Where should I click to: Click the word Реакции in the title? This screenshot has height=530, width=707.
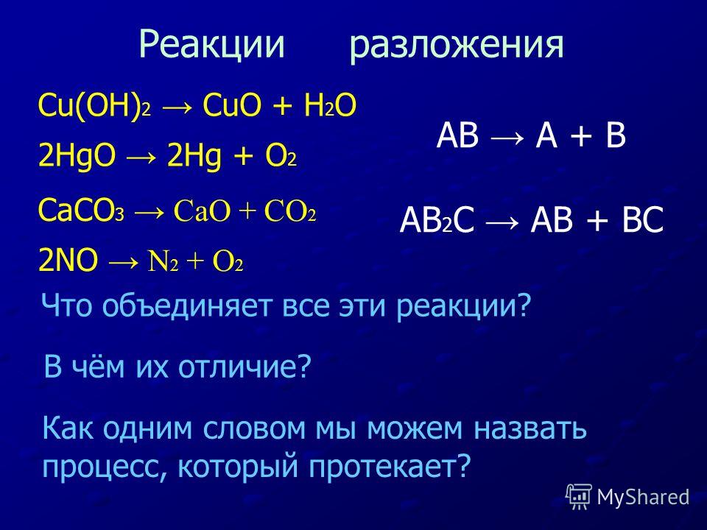tap(212, 45)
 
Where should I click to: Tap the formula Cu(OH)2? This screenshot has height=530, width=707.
tap(94, 106)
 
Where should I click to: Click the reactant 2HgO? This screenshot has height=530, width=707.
tap(77, 156)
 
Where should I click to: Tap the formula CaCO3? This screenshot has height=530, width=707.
tap(81, 210)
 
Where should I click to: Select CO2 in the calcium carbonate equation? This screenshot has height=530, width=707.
tap(290, 211)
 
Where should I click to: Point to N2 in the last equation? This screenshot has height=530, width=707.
tap(163, 261)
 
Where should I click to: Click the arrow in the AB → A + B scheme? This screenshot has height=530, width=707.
tap(507, 137)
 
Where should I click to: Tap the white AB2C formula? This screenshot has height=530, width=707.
tap(437, 220)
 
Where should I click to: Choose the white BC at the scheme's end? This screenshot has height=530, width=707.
tap(642, 220)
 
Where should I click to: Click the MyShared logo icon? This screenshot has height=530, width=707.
tap(579, 497)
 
